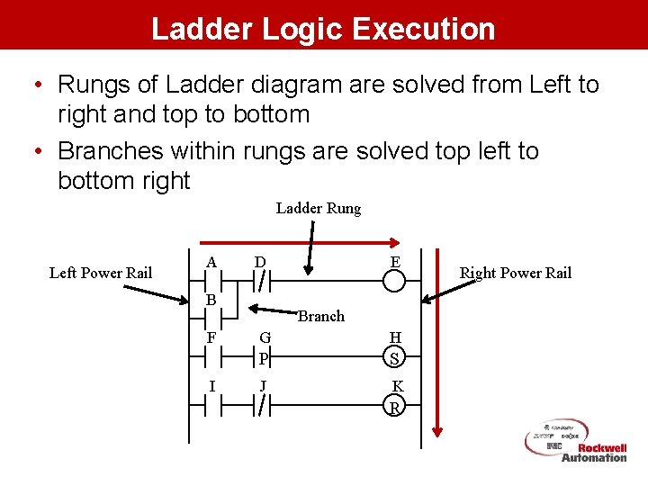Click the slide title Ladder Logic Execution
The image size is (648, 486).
[323, 28]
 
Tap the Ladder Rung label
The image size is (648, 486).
[318, 209]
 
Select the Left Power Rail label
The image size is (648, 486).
[101, 273]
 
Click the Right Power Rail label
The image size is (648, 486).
[515, 274]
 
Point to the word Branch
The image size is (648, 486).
[321, 316]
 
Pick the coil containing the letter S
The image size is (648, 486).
[394, 358]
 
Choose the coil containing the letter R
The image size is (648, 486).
[394, 407]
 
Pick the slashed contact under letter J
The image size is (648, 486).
[261, 407]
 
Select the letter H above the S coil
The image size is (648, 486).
[395, 337]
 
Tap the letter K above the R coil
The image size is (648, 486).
[397, 387]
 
